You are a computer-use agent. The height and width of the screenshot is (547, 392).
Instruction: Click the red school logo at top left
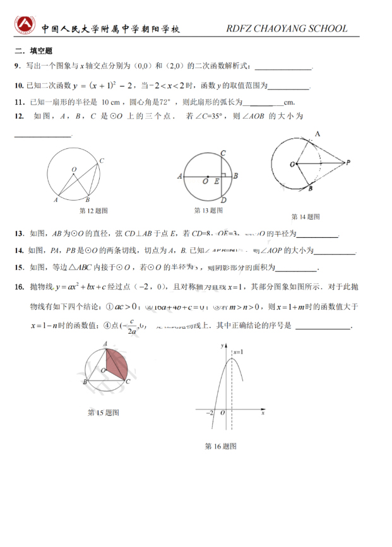26,25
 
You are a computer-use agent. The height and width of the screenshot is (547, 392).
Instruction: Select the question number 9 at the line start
16,66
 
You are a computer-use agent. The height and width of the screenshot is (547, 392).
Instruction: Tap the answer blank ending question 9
283,67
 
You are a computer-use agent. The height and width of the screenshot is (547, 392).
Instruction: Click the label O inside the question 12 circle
74,169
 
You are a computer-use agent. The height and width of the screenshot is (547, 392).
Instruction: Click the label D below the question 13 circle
223,201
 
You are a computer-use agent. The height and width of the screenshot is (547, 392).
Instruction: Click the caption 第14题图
306,216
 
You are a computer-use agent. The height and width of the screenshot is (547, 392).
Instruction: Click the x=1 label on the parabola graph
238,351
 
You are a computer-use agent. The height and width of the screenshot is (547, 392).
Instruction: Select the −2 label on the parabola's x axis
209,412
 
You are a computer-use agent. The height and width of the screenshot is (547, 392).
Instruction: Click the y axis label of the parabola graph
222,347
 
